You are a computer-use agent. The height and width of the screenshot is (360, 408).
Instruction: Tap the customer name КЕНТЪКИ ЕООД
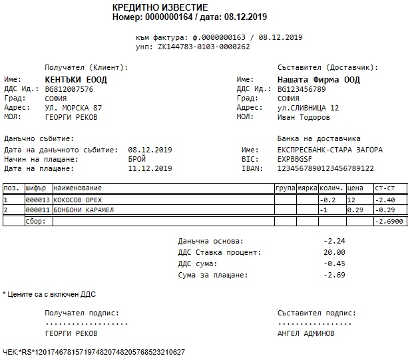[x=75, y=79]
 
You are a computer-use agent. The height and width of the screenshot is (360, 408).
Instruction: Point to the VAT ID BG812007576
[x=69, y=89]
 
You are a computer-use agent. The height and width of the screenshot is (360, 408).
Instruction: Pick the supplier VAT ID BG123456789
[x=302, y=89]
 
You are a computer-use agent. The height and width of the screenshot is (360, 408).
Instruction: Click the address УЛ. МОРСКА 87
[x=73, y=108]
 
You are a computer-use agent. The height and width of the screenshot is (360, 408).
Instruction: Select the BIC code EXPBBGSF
[x=297, y=159]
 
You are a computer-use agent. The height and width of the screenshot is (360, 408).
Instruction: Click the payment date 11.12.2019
[x=150, y=168]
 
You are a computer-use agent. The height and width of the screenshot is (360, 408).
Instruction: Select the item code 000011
[x=37, y=210]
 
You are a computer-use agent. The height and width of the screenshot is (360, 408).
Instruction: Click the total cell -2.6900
[x=389, y=221]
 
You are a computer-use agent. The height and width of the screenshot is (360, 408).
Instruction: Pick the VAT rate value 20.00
[x=335, y=252]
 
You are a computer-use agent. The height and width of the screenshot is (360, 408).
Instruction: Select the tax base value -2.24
[x=335, y=241]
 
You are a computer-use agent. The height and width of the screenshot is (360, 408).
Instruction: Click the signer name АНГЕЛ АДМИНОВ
[x=306, y=333]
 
